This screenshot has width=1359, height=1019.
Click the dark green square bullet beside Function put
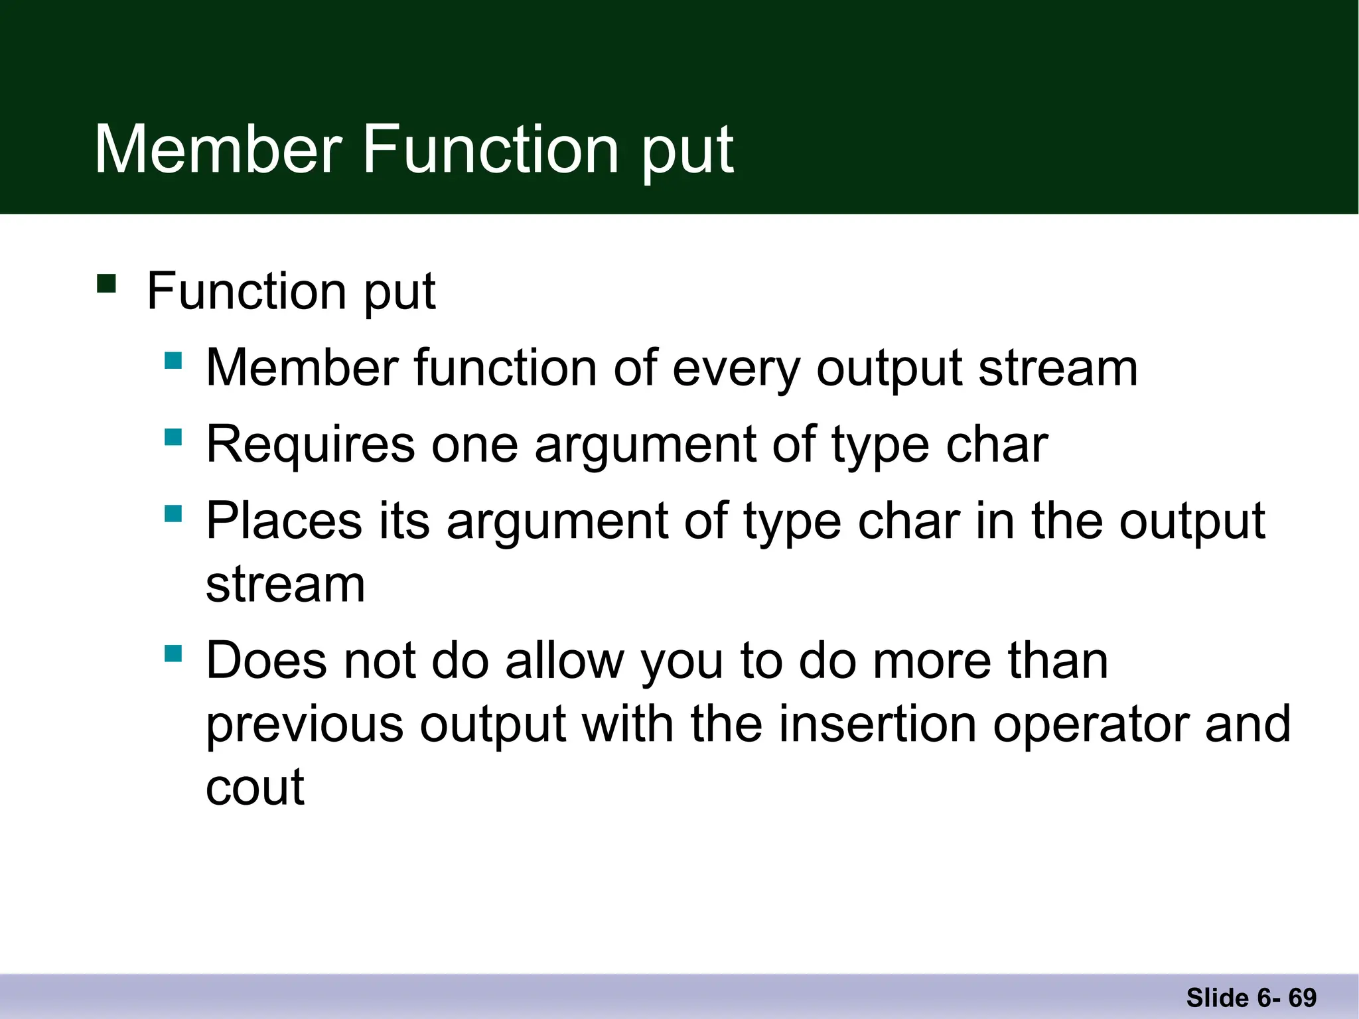tap(106, 284)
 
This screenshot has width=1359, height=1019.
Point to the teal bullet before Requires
tap(173, 437)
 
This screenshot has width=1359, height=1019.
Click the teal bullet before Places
tap(173, 513)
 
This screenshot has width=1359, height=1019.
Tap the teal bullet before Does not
tap(173, 653)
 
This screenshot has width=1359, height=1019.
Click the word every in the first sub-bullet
tap(736, 369)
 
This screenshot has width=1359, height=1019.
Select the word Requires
tap(311, 445)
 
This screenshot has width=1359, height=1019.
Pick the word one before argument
tap(474, 445)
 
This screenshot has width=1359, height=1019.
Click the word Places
tap(284, 521)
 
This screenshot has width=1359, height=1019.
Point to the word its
tap(404, 521)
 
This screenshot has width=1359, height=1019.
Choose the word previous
tap(305, 725)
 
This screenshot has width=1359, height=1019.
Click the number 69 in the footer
tap(1302, 998)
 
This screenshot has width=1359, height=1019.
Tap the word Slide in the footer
tap(1217, 998)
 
